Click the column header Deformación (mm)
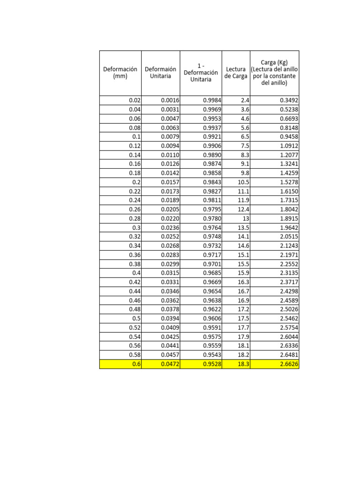(120, 73)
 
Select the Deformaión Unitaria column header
(160, 73)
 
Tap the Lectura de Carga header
(236, 73)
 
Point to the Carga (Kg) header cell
(274, 73)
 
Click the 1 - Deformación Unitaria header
(201, 73)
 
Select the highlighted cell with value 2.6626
(274, 364)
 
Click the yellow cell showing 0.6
(120, 364)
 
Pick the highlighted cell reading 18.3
(236, 364)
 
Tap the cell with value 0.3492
(274, 100)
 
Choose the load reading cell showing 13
(236, 218)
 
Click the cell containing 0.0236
(160, 228)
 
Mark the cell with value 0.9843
(201, 182)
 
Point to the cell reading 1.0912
(274, 146)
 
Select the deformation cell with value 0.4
(120, 273)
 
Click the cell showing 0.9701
(201, 264)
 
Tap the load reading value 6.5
(236, 137)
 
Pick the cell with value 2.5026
(274, 309)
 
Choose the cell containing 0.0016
(160, 100)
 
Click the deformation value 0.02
(120, 100)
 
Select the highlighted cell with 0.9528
(201, 364)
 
